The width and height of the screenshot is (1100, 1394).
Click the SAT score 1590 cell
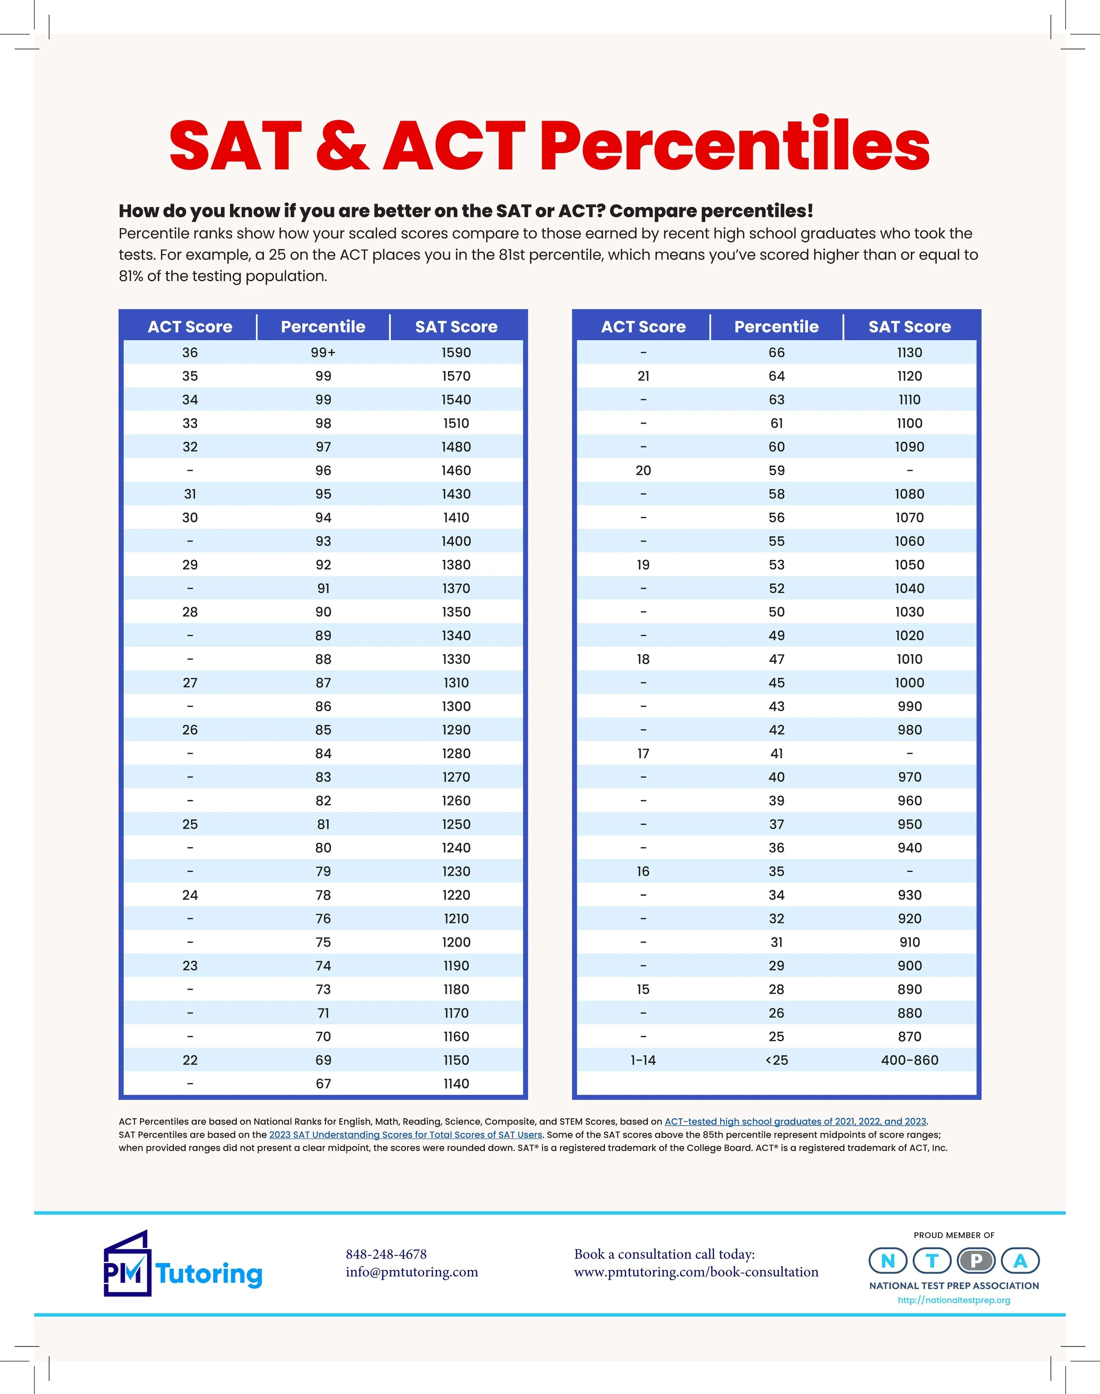pyautogui.click(x=456, y=352)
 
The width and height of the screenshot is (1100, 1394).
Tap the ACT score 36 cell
pyautogui.click(x=190, y=352)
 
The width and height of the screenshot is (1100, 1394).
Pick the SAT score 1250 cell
pyautogui.click(x=456, y=824)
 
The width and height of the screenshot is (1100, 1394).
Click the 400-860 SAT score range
pyautogui.click(x=909, y=1060)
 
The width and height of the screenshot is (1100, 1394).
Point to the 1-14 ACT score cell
pyautogui.click(x=643, y=1060)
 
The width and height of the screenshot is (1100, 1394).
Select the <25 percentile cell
pyautogui.click(x=777, y=1060)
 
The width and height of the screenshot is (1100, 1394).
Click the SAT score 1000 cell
pyautogui.click(x=909, y=683)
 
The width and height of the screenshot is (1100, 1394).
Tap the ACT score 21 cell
pyautogui.click(x=643, y=376)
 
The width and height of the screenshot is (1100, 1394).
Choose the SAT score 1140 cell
pyautogui.click(x=456, y=1083)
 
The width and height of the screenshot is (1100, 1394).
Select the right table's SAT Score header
pyautogui.click(x=909, y=326)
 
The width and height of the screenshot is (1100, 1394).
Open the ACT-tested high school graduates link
pyautogui.click(x=795, y=1121)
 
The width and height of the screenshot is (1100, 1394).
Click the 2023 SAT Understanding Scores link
pyautogui.click(x=406, y=1134)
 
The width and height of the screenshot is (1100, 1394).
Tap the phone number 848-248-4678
pyautogui.click(x=386, y=1254)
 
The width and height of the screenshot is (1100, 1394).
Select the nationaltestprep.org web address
pyautogui.click(x=954, y=1299)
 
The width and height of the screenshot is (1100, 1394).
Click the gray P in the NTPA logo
pyautogui.click(x=976, y=1260)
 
